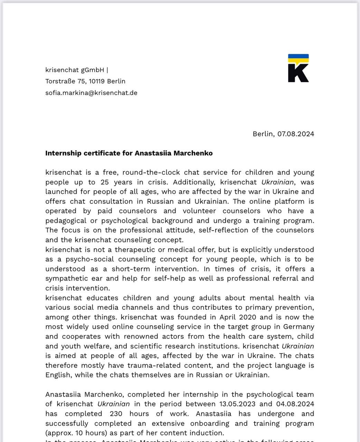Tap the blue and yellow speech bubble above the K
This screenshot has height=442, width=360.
298,58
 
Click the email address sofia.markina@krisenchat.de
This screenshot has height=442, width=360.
91,93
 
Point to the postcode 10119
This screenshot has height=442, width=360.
97,81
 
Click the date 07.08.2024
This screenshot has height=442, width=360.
296,134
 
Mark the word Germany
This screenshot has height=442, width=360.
299,327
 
